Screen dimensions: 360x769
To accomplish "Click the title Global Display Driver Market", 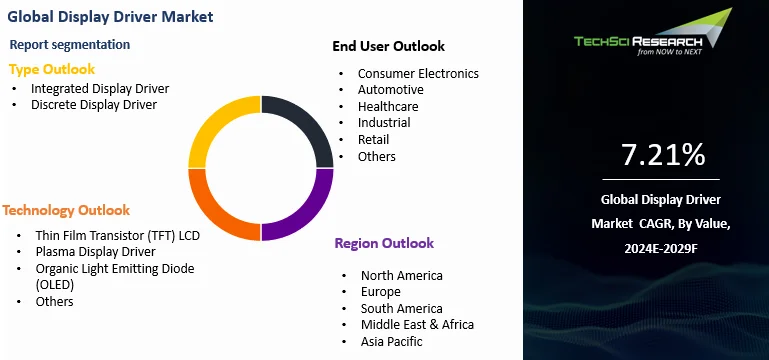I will (107, 17).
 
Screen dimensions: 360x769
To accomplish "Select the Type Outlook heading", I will (52, 69).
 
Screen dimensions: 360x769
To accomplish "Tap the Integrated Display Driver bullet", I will (100, 88).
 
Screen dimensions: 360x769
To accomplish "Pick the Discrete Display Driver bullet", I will (94, 105).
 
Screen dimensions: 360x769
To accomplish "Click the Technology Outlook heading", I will (66, 210).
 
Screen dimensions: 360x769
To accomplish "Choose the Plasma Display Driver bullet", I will (96, 251).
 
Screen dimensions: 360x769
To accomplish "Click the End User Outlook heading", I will (388, 46).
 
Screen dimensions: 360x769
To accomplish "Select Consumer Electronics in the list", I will (418, 73).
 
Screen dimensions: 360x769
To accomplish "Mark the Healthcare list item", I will (388, 106).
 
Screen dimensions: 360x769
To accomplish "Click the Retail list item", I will (373, 139).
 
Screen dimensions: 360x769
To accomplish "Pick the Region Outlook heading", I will (384, 243).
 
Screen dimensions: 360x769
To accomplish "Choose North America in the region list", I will (401, 275).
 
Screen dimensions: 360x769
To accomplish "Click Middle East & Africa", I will (417, 324).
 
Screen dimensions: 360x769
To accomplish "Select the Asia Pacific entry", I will (392, 341).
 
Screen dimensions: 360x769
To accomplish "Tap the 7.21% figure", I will (663, 155).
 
